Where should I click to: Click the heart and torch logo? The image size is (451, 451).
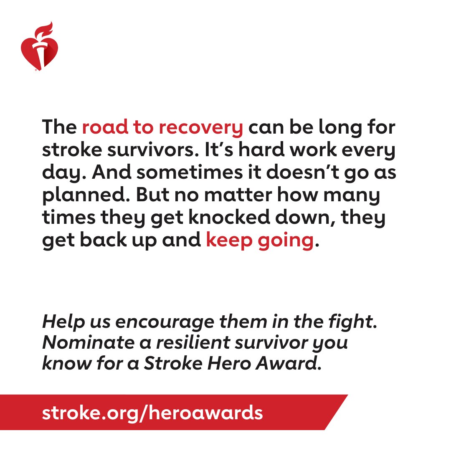pyautogui.click(x=40, y=51)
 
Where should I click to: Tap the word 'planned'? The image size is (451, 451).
pyautogui.click(x=78, y=196)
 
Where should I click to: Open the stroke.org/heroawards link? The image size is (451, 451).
pyautogui.click(x=152, y=413)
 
